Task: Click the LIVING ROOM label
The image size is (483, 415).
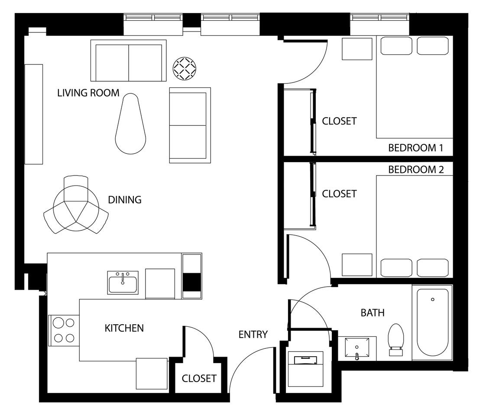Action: (x=88, y=93)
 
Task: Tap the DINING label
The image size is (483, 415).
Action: (x=125, y=200)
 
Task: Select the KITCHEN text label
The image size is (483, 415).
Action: (x=124, y=328)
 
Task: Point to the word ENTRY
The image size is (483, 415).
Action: (x=253, y=335)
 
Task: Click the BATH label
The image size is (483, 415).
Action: (x=373, y=313)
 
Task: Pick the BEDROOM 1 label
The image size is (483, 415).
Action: (x=416, y=148)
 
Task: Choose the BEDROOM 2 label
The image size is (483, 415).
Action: (x=416, y=169)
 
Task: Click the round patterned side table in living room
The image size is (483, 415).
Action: (x=185, y=69)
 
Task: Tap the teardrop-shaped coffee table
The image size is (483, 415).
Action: (x=131, y=124)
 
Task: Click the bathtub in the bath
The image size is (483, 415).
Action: (x=432, y=322)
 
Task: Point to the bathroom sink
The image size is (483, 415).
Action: (x=357, y=348)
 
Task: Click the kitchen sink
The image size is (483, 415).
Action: (x=123, y=283)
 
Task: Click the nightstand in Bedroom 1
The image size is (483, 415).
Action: (x=357, y=49)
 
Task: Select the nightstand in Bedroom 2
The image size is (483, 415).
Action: (x=357, y=265)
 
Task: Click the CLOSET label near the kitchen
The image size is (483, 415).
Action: (x=199, y=378)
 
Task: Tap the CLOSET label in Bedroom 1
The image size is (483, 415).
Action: (x=339, y=121)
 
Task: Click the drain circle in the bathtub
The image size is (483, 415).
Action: (x=433, y=300)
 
